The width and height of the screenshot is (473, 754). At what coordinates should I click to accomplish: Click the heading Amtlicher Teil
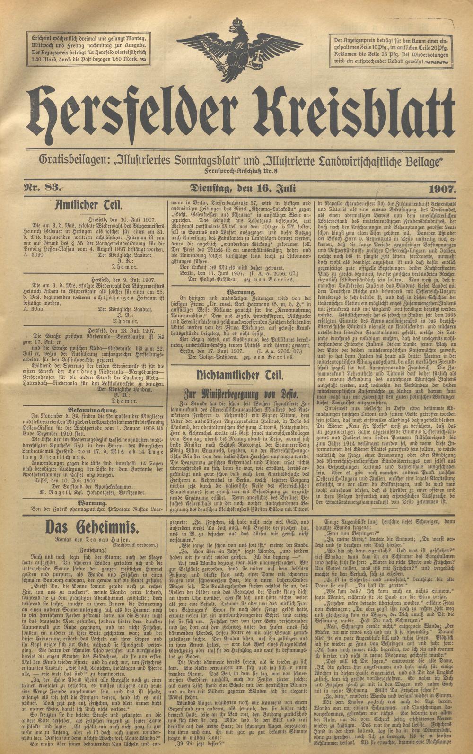tap(89, 204)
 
